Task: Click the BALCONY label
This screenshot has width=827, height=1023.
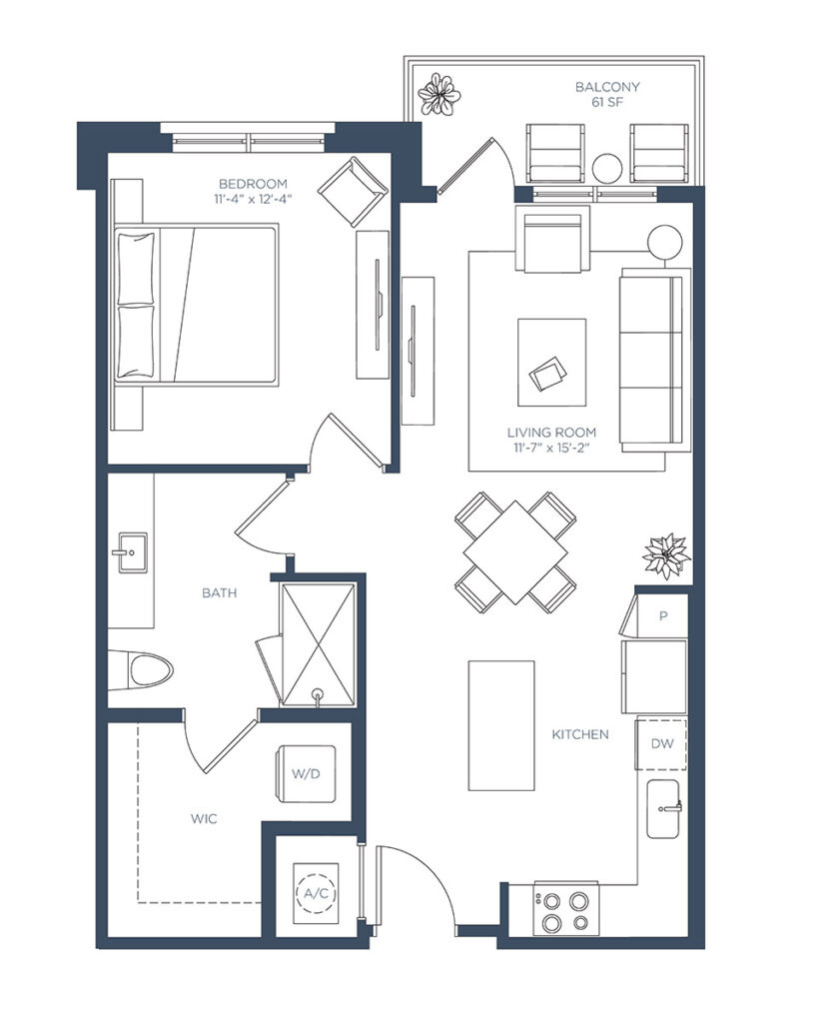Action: tap(606, 87)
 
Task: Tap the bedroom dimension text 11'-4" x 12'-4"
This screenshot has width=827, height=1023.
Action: tap(253, 199)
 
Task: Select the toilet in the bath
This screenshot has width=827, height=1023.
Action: tap(141, 670)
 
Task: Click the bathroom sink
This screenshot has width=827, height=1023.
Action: tap(132, 552)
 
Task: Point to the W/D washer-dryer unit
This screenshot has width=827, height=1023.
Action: tap(306, 774)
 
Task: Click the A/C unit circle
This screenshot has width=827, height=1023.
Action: tap(317, 893)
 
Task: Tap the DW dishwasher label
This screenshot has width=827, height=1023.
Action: tap(662, 743)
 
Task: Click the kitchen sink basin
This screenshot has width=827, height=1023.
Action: tap(664, 809)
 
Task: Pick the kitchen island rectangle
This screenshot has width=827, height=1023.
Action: tap(501, 725)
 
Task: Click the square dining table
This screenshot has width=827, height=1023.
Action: tap(515, 551)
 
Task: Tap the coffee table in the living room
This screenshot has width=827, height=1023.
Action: tap(551, 362)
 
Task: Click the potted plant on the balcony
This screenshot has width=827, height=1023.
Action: tap(439, 94)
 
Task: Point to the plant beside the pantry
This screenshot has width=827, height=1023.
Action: tap(666, 555)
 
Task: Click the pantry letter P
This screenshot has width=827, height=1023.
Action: tap(663, 615)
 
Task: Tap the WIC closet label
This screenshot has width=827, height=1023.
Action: tap(204, 819)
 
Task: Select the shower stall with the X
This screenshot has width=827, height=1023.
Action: tap(319, 644)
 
